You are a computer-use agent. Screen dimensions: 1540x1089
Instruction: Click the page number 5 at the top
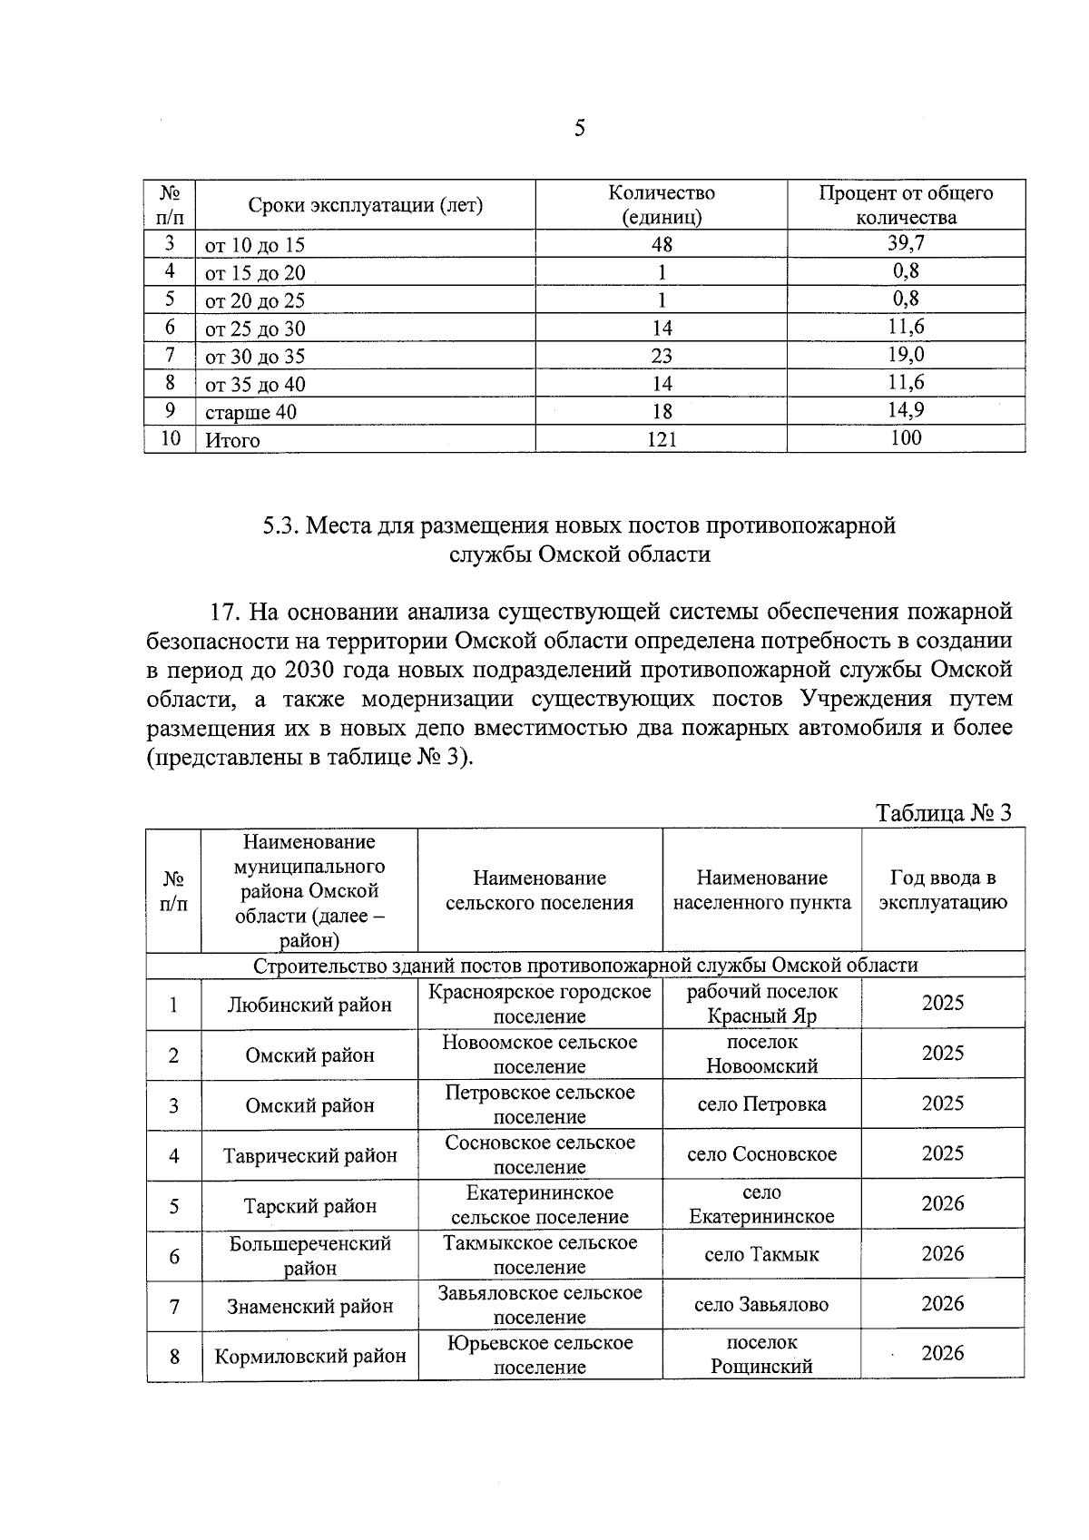tap(580, 128)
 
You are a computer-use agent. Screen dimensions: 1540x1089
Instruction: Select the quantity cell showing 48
tap(662, 244)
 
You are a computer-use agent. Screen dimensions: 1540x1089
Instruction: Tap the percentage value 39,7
tap(906, 242)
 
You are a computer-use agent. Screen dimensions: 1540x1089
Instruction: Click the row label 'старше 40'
tap(250, 412)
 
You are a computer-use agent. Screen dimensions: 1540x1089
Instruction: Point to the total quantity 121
tap(662, 439)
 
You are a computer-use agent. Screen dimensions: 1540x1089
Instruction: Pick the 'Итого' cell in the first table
tap(232, 440)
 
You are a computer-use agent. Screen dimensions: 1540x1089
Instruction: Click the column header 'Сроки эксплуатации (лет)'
tap(366, 205)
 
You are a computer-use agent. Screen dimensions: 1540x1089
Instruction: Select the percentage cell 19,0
tap(906, 354)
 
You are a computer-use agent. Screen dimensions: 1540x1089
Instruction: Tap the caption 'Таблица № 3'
tap(943, 812)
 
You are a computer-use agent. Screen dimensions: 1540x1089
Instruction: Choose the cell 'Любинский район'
tap(309, 1005)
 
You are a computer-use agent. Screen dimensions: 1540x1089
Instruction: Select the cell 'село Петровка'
tap(761, 1104)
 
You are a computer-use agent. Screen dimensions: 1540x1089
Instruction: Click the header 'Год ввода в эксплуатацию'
tap(943, 890)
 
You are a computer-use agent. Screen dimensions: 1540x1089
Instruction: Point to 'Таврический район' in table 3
tap(309, 1155)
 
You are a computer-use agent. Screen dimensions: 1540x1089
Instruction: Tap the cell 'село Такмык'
tap(761, 1255)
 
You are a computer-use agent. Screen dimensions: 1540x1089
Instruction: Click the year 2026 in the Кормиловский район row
tap(943, 1353)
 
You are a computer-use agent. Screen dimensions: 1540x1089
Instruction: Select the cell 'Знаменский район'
tap(309, 1306)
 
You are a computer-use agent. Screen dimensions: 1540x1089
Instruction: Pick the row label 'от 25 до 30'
tap(255, 329)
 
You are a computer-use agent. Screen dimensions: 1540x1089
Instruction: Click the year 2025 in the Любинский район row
tap(943, 1003)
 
